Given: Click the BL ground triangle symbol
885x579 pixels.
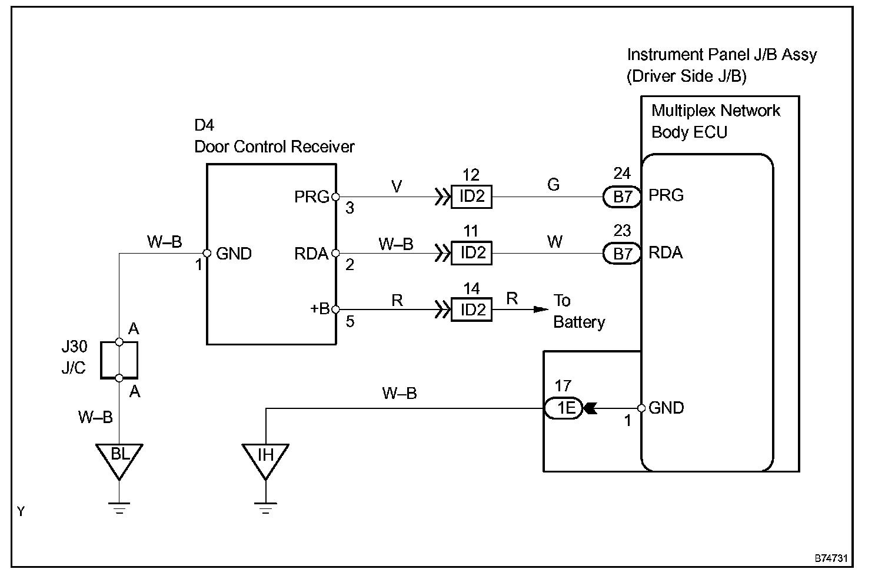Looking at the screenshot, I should point(119,459).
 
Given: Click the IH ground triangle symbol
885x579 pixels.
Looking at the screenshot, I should point(265,459).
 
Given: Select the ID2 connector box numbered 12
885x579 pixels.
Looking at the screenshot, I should point(471,197).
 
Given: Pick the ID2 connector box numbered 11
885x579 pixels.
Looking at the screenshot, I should point(471,253).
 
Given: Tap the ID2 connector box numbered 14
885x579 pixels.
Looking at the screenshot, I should point(471,310).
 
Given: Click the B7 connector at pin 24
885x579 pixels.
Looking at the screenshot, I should point(622,197).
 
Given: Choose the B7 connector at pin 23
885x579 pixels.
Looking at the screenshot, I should point(622,254).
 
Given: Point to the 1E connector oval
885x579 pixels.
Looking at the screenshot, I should point(563,408).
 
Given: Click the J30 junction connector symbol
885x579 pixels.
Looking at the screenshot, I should point(119,360).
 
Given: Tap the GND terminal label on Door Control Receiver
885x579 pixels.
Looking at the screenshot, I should point(234,254).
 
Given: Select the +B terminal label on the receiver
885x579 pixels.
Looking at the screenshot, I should point(320,309).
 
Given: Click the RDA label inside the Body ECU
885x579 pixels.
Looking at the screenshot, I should point(666,253).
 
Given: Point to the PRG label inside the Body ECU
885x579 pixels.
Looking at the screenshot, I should point(666,195).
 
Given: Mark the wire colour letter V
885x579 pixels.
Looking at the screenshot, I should point(397,187).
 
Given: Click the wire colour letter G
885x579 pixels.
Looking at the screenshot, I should point(553,185).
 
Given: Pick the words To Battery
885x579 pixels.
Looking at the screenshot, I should point(578,312).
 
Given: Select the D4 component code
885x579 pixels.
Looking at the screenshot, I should point(204,125).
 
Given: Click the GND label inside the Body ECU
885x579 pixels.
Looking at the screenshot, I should point(666,408).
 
